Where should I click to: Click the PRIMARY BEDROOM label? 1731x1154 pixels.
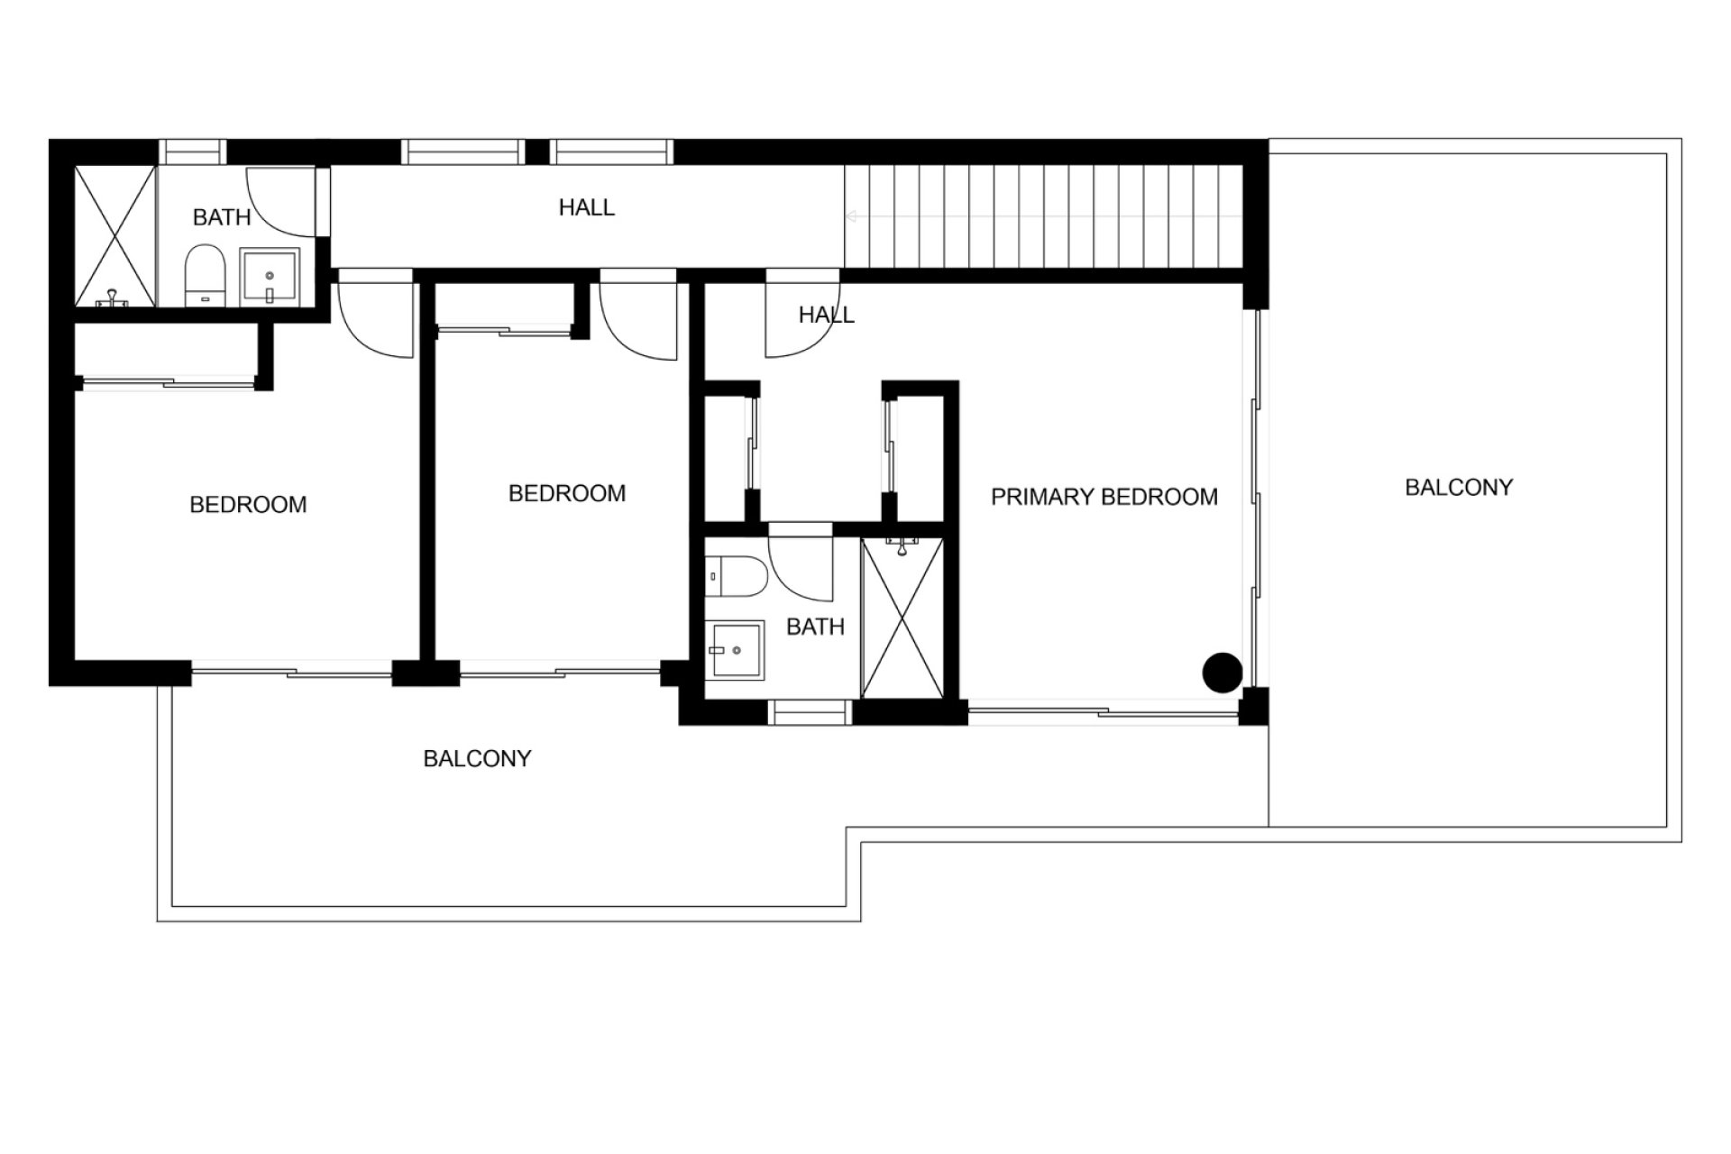(x=1104, y=497)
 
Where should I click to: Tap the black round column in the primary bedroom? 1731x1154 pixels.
(x=1223, y=673)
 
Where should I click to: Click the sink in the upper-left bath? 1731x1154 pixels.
(x=269, y=277)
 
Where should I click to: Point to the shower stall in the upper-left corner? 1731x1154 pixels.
(x=114, y=236)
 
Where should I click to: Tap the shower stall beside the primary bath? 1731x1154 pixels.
(x=902, y=618)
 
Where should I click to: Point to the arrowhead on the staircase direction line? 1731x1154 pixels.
(x=849, y=216)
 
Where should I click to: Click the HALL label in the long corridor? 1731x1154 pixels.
(x=587, y=207)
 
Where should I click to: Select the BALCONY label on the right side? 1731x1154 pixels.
(x=1459, y=488)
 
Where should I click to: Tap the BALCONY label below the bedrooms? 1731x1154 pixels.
(x=477, y=759)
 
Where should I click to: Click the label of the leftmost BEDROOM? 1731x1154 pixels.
(x=248, y=505)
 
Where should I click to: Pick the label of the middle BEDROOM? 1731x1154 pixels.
(x=567, y=494)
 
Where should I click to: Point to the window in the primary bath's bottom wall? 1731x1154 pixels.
(x=811, y=713)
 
